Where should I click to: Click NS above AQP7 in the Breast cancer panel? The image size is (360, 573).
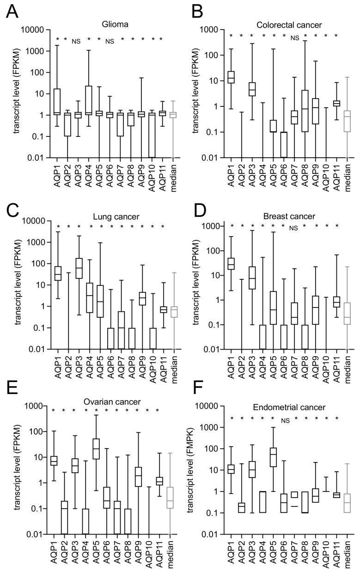click(x=294, y=228)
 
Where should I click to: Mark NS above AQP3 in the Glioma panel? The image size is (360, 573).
click(x=76, y=41)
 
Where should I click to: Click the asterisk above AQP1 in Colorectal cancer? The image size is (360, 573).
click(x=230, y=36)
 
